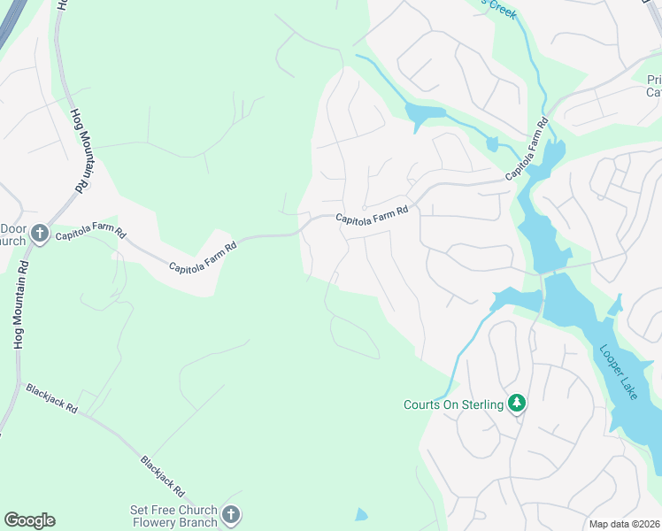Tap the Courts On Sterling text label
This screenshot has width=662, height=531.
[x=453, y=405]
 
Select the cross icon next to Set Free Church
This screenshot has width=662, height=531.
[x=230, y=514]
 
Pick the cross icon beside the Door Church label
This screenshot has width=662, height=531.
[x=39, y=234]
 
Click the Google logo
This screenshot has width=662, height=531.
[x=29, y=520]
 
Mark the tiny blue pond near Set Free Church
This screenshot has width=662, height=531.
[x=360, y=514]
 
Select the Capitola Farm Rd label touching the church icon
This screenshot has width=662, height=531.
[x=91, y=236]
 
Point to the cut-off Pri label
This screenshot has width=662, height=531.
[x=652, y=79]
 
